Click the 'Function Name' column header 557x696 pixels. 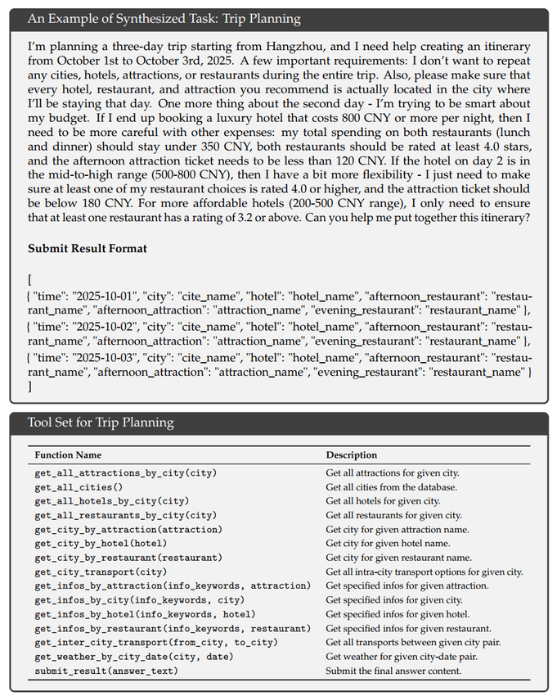68,454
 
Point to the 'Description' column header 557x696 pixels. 352,454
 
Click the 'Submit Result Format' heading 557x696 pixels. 86,248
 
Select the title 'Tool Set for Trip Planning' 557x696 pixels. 100,423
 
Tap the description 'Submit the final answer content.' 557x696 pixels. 393,671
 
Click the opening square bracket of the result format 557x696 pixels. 29,279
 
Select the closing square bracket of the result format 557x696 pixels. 29,386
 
